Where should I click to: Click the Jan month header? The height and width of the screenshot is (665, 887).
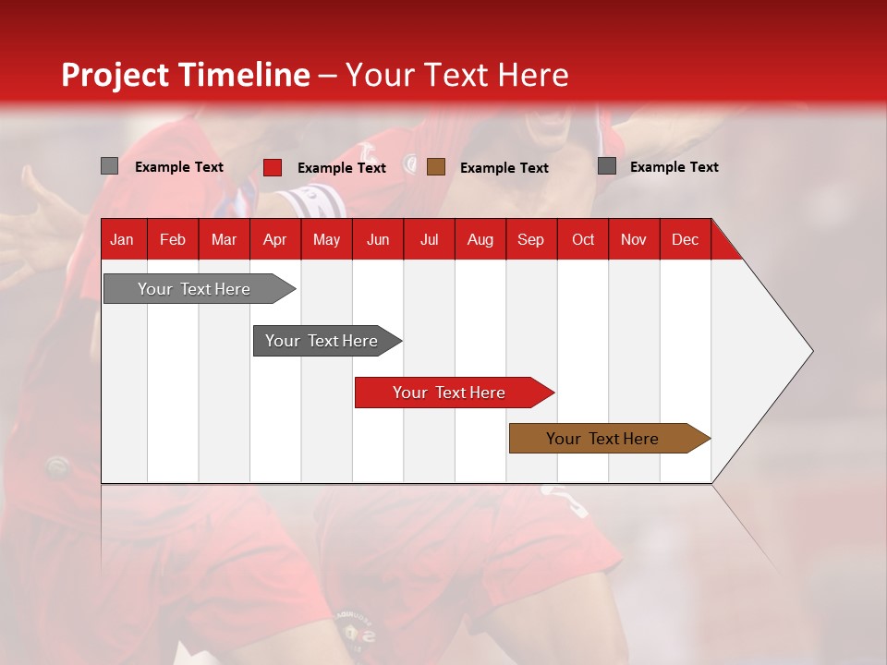coord(122,239)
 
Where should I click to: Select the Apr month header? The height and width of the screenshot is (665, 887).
coord(274,239)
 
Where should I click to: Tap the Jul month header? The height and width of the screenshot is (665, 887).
coord(429,239)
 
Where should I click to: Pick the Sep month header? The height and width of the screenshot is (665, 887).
coord(530,239)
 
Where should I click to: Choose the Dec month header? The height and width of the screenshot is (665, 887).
coord(685,239)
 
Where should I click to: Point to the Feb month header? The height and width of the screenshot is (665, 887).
coord(173,239)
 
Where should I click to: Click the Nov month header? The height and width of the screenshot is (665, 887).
coord(633,239)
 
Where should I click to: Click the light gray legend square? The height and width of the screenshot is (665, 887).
coord(110,166)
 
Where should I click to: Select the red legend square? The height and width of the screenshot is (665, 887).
coord(273,167)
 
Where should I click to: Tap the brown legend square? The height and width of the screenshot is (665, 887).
coord(436,167)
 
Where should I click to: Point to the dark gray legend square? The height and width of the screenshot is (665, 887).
coord(607,166)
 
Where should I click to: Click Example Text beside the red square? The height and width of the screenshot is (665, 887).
coord(342,168)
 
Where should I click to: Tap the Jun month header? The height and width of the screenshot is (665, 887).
coord(378,239)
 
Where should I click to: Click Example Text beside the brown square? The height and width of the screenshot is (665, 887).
coord(504,168)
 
